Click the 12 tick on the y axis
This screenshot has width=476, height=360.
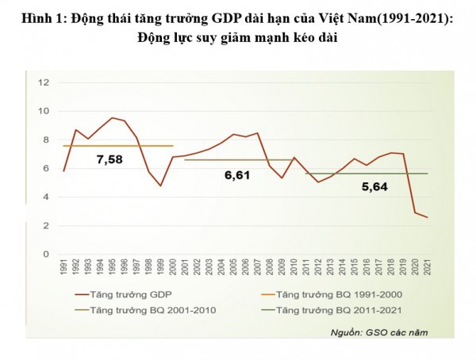coord(44,82)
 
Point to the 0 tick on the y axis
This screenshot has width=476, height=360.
coord(47,255)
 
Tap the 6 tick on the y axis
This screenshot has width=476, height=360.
coord(47,168)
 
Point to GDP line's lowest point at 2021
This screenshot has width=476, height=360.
coord(428,217)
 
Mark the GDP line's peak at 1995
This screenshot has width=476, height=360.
coord(113,117)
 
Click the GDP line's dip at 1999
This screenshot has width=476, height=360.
coord(161,186)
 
